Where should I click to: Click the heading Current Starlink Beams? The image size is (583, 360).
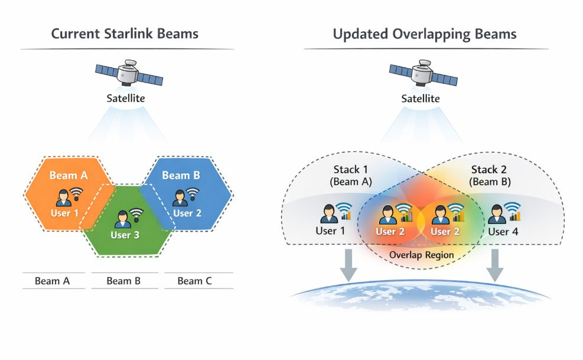125,34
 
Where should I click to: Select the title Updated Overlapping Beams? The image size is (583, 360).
424,34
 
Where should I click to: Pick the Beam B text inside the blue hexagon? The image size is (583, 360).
181,176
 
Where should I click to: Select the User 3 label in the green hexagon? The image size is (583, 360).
125,235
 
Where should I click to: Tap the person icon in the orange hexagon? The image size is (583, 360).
63,197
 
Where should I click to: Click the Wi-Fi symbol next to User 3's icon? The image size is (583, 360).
136,215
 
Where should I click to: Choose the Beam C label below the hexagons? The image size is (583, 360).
194,281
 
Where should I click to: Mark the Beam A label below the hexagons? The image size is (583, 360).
52,281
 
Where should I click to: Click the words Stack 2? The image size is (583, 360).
488,170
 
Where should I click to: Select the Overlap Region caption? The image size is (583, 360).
421,255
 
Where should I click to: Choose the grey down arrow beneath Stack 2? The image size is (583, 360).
495,265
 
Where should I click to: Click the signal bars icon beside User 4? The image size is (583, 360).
515,214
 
